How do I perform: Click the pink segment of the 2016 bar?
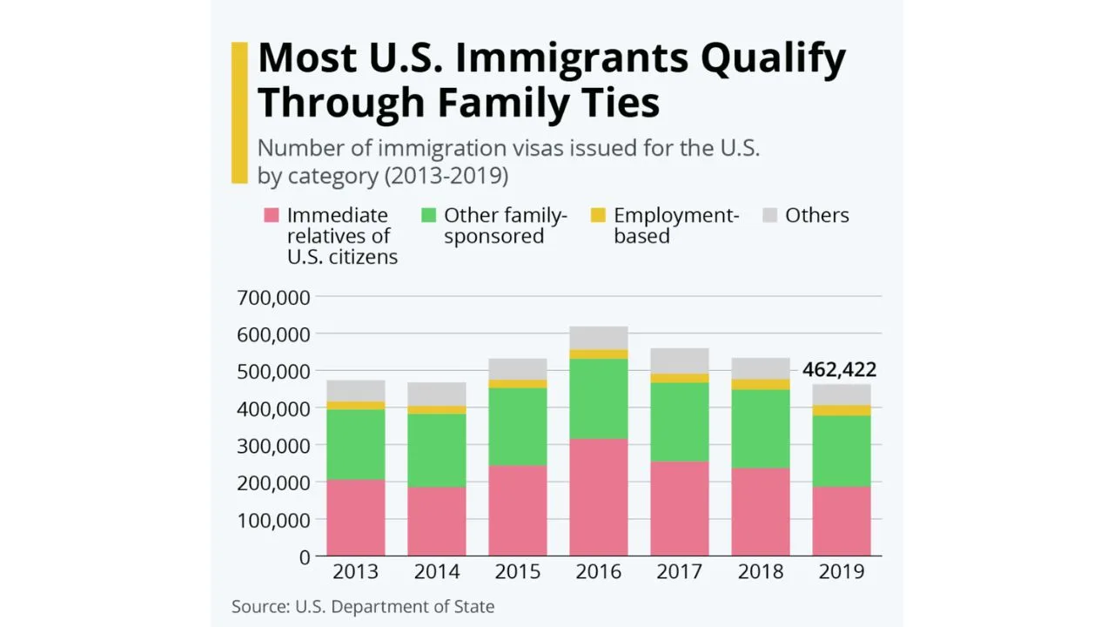tap(599, 496)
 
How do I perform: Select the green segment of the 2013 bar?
tap(356, 444)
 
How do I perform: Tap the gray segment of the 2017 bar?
tap(680, 361)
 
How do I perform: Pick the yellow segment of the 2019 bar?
tap(842, 410)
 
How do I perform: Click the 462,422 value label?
tap(839, 370)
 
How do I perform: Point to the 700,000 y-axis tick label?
tap(273, 298)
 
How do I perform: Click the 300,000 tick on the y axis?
tap(273, 446)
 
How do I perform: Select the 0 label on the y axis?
tap(304, 557)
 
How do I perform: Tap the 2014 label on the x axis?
tap(437, 572)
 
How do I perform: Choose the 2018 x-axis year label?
tap(761, 572)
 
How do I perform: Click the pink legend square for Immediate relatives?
tap(272, 215)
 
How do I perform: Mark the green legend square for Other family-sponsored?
tap(428, 215)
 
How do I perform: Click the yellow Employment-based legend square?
tap(598, 215)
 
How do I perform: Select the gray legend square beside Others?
tap(769, 215)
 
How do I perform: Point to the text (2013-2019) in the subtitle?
tap(446, 175)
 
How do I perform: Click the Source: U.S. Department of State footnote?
tap(363, 607)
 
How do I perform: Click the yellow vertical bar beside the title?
tap(239, 112)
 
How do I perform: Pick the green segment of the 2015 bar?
tap(518, 426)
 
